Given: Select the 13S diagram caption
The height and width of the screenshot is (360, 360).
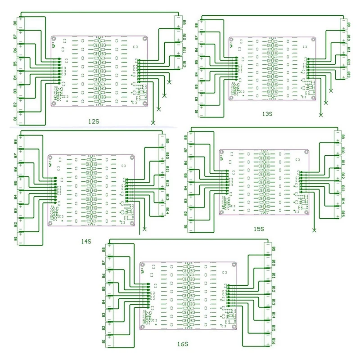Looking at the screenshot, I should click(267, 114).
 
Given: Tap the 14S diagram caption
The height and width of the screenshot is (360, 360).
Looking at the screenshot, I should click(86, 242).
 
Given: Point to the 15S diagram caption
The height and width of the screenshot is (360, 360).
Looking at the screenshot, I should click(258, 229).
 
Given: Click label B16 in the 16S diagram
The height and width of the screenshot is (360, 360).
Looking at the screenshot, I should click(274, 341).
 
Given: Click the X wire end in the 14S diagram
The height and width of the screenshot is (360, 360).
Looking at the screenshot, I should click(144, 229).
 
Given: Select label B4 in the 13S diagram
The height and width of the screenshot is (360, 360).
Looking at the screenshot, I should click(195, 75).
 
